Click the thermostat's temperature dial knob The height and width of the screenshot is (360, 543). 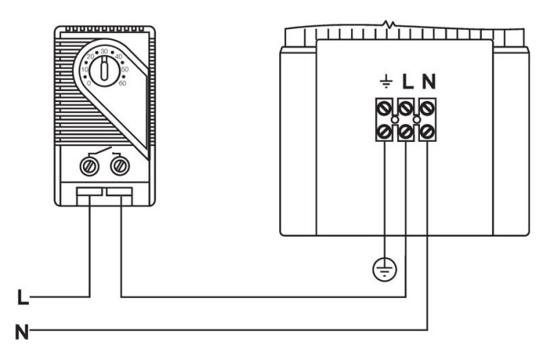point(104,70)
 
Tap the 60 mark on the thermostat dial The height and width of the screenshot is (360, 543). point(124,82)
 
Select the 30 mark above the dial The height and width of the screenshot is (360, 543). point(104,51)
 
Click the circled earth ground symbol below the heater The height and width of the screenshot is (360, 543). point(385,271)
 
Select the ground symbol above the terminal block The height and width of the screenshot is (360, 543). point(385,83)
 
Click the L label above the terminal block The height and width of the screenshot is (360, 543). point(406,83)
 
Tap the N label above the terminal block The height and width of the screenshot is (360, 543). point(428,83)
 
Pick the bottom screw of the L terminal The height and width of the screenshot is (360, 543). point(406,132)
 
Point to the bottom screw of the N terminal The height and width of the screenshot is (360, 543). point(427,132)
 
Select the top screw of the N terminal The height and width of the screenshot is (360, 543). point(427,108)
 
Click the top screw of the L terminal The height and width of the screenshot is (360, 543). point(406,108)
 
